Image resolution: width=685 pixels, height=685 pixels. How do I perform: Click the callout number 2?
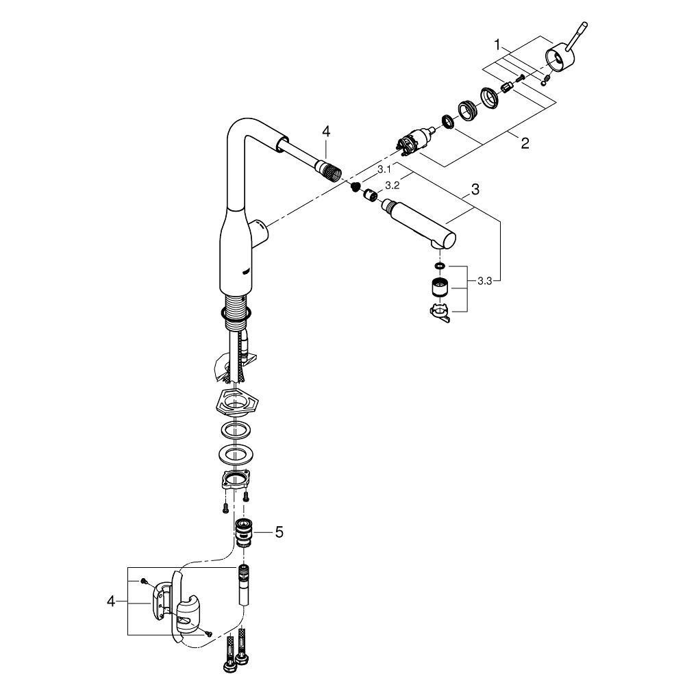(x=525, y=142)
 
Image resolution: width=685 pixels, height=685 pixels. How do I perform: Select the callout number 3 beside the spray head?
(x=475, y=189)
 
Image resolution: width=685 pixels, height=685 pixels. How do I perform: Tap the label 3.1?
(x=384, y=169)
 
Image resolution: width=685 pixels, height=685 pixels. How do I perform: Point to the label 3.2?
(x=392, y=185)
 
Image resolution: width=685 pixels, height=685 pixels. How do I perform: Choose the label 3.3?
(x=484, y=281)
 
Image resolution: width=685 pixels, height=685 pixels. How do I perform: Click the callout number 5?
(x=279, y=532)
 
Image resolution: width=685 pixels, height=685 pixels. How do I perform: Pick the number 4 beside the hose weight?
(x=111, y=601)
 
